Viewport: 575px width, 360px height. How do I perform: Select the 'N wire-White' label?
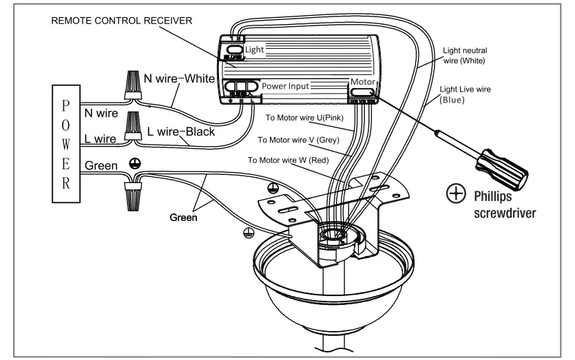point(180,78)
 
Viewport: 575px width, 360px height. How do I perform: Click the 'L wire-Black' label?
point(181,131)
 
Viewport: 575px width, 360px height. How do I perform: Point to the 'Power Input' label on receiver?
point(284,87)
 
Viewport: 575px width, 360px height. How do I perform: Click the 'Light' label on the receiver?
point(254,50)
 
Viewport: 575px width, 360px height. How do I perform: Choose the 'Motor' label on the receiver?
point(363,81)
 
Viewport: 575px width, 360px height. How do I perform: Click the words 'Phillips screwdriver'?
point(505,204)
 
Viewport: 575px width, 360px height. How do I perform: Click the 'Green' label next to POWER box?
point(101,166)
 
